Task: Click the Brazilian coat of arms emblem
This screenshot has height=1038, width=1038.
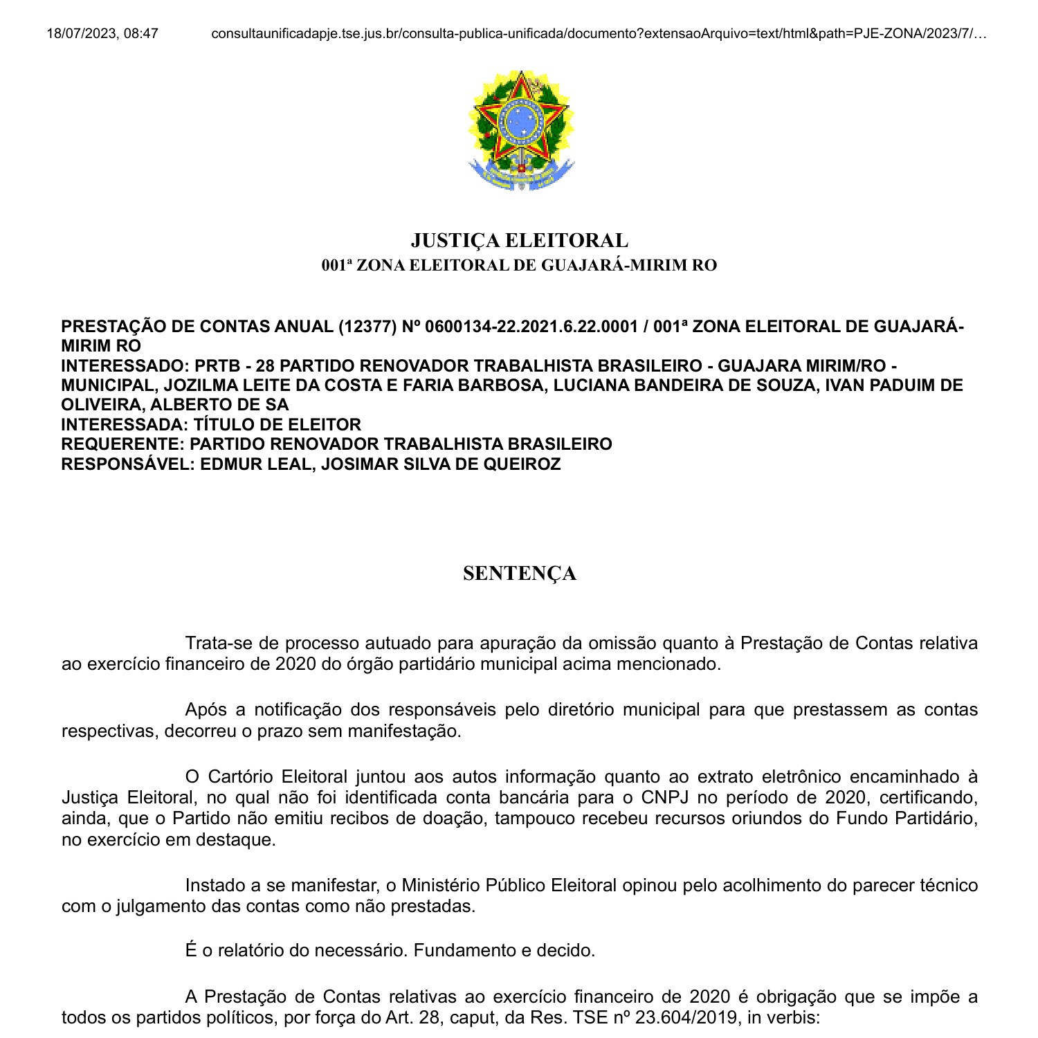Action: click(x=520, y=130)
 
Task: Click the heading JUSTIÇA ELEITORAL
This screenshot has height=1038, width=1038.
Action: click(x=519, y=240)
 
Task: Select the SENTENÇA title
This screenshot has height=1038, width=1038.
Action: click(x=519, y=574)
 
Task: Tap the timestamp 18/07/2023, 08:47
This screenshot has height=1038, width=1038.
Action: click(x=102, y=33)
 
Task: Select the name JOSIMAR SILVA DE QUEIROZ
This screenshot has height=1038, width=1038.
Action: click(x=441, y=464)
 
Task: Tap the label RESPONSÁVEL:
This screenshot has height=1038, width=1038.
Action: click(x=128, y=464)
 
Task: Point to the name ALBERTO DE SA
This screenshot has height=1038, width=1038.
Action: click(x=220, y=405)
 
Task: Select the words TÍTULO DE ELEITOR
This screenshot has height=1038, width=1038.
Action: click(x=277, y=424)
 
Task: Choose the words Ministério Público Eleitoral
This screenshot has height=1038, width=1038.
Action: click(x=509, y=885)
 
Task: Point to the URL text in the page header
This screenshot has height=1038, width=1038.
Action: click(x=599, y=33)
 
